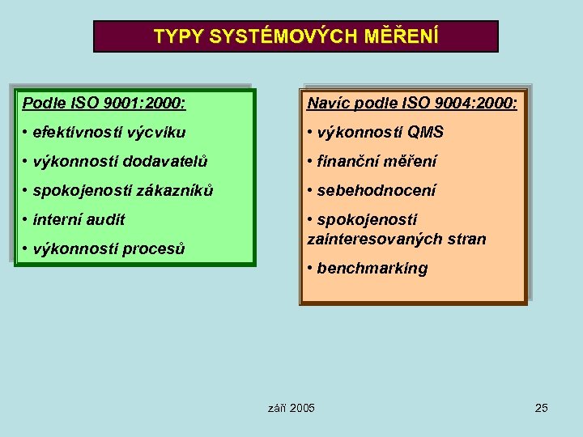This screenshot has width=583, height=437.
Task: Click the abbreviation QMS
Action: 425,132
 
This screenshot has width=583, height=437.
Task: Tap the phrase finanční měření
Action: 377,161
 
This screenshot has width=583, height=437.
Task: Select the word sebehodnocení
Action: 377,190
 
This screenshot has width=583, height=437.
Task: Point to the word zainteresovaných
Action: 369,239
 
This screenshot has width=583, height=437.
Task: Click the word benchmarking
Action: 372,268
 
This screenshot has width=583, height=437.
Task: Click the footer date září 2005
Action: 291,407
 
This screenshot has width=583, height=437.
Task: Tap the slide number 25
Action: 541,407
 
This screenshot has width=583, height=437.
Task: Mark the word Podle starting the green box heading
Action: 41,103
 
